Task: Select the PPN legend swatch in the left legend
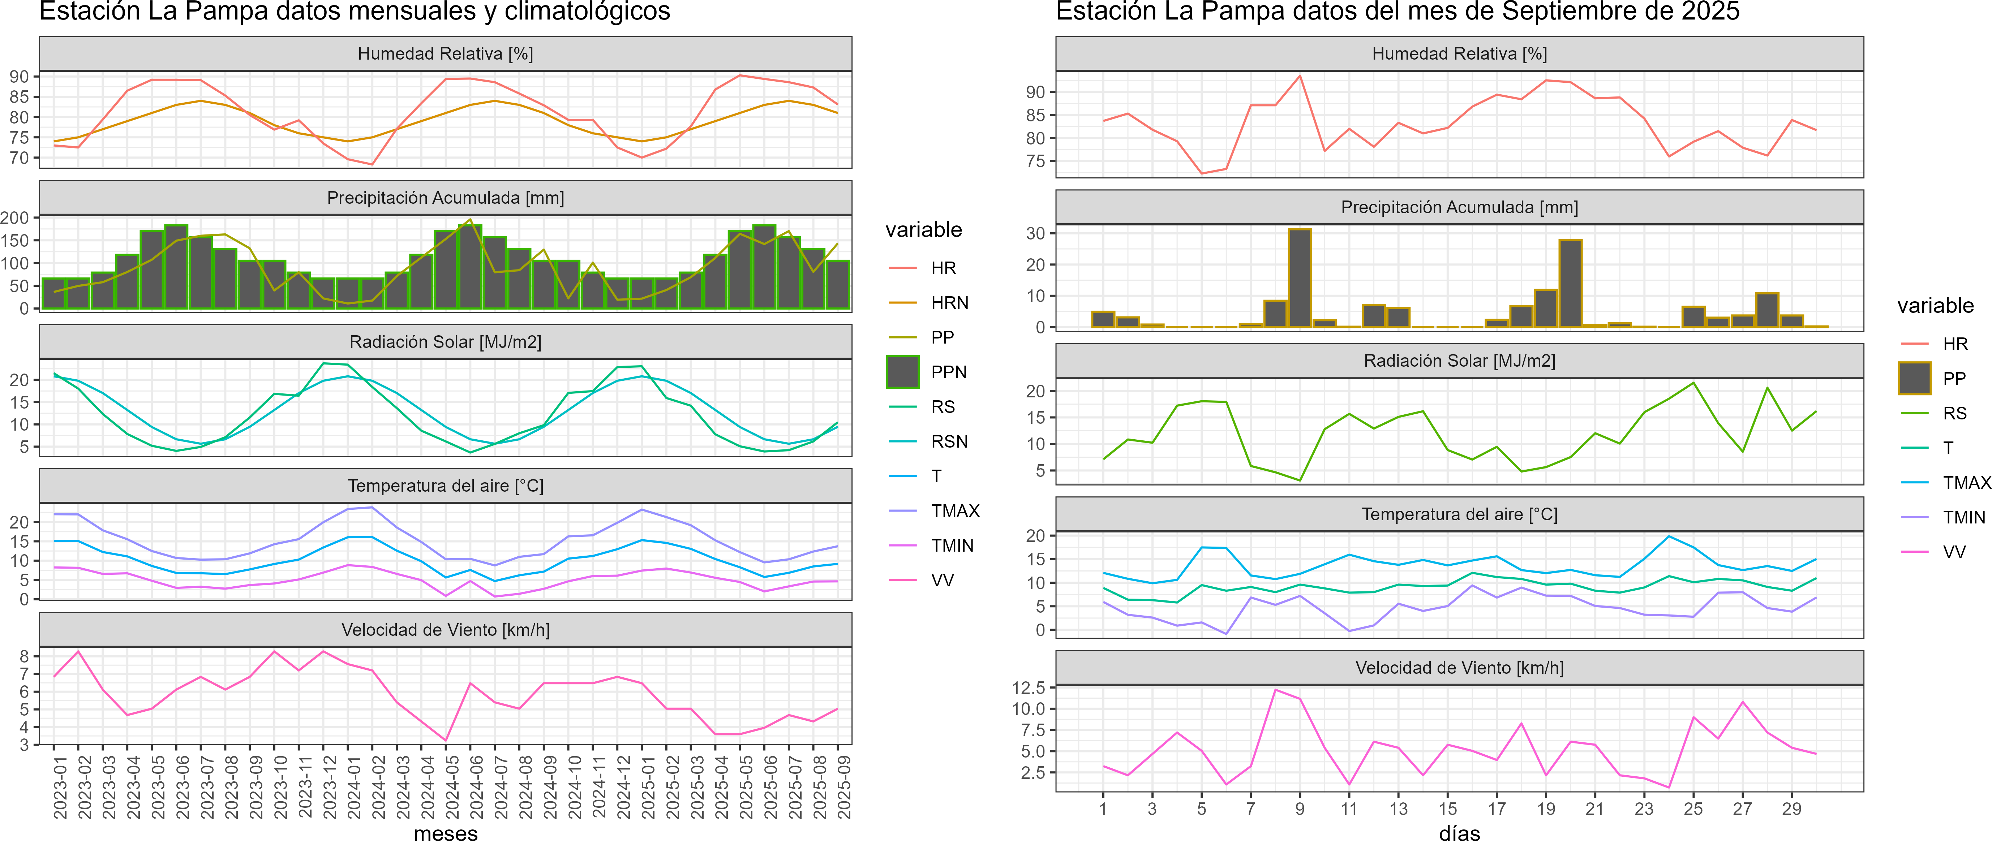(x=902, y=372)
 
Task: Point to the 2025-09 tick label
(x=845, y=787)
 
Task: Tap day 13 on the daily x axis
(x=1398, y=808)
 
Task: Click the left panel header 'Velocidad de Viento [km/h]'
(x=445, y=630)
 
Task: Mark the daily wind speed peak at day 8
(x=1275, y=690)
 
